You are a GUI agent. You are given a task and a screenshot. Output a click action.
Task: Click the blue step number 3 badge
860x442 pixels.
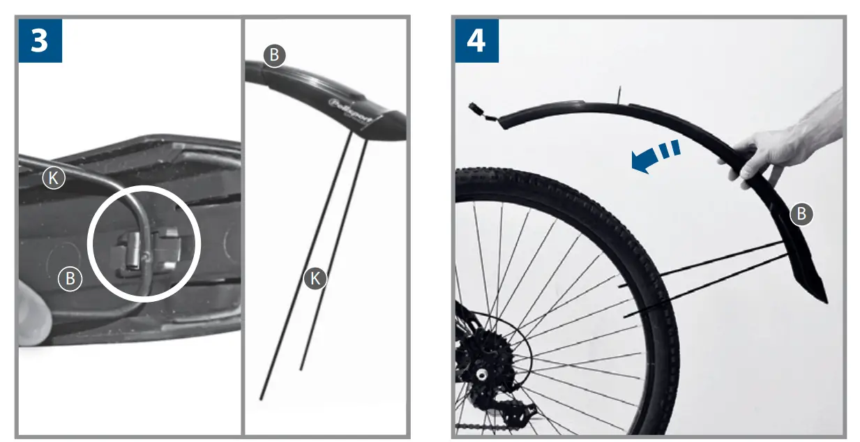click(x=40, y=40)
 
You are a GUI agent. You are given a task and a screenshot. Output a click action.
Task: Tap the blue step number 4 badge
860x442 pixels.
click(x=476, y=40)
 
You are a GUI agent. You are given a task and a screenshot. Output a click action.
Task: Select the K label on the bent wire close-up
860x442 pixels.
click(x=54, y=178)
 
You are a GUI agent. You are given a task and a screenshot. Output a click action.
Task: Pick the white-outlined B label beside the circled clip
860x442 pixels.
click(x=70, y=279)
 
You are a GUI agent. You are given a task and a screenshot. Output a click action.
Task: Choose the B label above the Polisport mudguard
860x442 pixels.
click(x=274, y=56)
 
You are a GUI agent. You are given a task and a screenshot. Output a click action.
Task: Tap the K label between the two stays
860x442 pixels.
click(x=315, y=279)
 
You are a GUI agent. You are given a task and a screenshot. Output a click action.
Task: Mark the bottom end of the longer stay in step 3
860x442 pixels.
click(x=261, y=398)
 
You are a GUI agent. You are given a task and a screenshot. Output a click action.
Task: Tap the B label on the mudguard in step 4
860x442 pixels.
click(x=801, y=214)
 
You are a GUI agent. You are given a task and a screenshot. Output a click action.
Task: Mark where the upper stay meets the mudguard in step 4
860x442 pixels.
click(x=784, y=242)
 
